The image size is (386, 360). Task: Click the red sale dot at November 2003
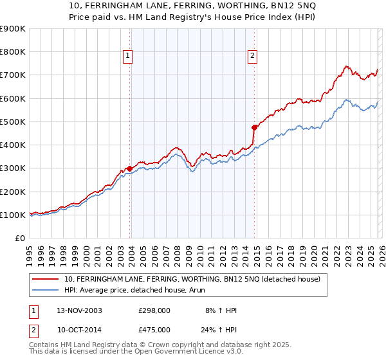(x=130, y=168)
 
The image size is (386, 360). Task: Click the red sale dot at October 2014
(x=254, y=127)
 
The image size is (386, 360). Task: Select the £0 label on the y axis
(x=20, y=238)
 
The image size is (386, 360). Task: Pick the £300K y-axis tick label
(x=13, y=168)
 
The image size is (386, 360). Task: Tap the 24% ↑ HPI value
(x=220, y=331)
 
